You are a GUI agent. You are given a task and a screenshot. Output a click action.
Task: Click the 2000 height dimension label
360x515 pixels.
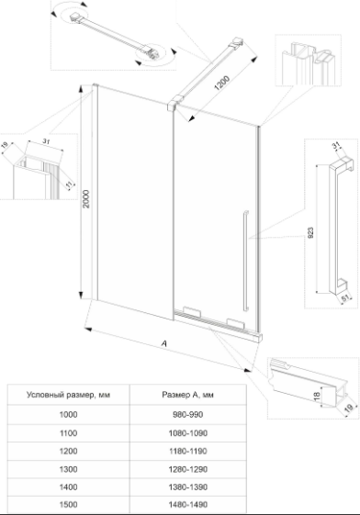click(86, 198)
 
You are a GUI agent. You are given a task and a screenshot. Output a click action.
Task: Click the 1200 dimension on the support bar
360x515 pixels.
click(222, 84)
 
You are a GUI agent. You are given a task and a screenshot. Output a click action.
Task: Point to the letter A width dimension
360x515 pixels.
click(164, 343)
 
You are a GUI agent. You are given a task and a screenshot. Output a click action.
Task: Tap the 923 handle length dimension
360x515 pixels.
click(311, 232)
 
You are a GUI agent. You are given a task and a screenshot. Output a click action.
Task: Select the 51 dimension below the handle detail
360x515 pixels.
click(345, 298)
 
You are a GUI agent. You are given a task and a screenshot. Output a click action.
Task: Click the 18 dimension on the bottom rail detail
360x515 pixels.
click(317, 396)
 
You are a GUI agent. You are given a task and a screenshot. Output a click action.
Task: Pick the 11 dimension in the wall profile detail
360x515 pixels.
click(69, 185)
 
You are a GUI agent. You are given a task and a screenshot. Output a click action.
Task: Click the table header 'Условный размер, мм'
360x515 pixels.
click(68, 395)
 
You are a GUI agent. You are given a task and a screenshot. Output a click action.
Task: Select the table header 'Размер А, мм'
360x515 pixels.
click(188, 395)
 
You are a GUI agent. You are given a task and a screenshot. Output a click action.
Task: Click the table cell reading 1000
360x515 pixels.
click(68, 415)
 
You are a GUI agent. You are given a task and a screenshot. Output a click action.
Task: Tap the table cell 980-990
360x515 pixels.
click(188, 415)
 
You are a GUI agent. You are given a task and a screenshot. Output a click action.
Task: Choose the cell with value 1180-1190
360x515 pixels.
click(188, 452)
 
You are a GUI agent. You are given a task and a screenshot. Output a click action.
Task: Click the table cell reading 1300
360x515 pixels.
click(68, 469)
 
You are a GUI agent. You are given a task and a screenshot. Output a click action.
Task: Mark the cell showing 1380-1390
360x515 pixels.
click(188, 487)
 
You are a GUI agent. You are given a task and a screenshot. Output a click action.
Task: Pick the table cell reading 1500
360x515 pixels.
click(68, 504)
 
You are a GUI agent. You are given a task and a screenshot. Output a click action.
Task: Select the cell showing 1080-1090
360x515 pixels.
click(188, 433)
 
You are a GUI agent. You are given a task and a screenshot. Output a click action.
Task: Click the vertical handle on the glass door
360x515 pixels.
click(246, 261)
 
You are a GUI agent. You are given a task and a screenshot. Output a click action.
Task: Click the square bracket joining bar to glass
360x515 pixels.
click(172, 104)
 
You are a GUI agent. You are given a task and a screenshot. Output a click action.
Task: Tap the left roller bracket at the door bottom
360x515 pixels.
click(191, 312)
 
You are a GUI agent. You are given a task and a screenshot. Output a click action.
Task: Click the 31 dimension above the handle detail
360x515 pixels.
click(336, 145)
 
